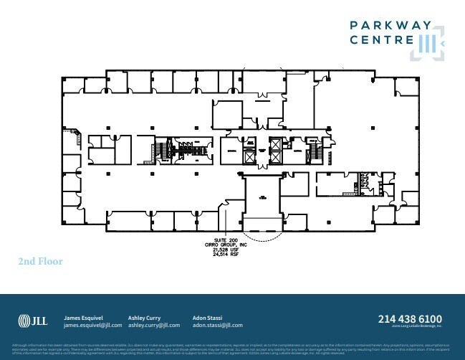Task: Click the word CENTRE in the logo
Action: pos(376,42)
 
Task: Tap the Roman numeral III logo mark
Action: pos(428,42)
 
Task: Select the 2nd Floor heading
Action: pos(41,262)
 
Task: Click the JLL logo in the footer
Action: pos(32,320)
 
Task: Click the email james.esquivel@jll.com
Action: pos(93,325)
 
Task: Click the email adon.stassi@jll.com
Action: pos(218,325)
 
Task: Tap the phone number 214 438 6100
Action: pos(410,318)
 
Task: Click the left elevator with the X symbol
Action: pos(249,156)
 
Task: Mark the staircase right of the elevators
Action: pos(314,151)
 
